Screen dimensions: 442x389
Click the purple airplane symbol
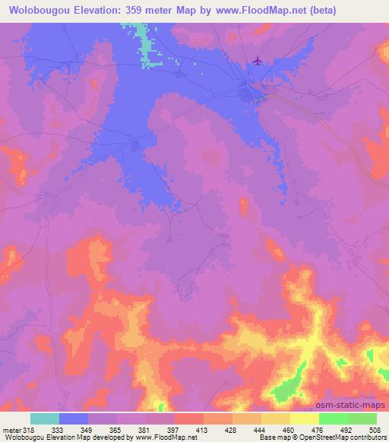(x=258, y=61)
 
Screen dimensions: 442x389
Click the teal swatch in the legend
(x=45, y=418)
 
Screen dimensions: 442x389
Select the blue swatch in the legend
(x=74, y=418)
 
